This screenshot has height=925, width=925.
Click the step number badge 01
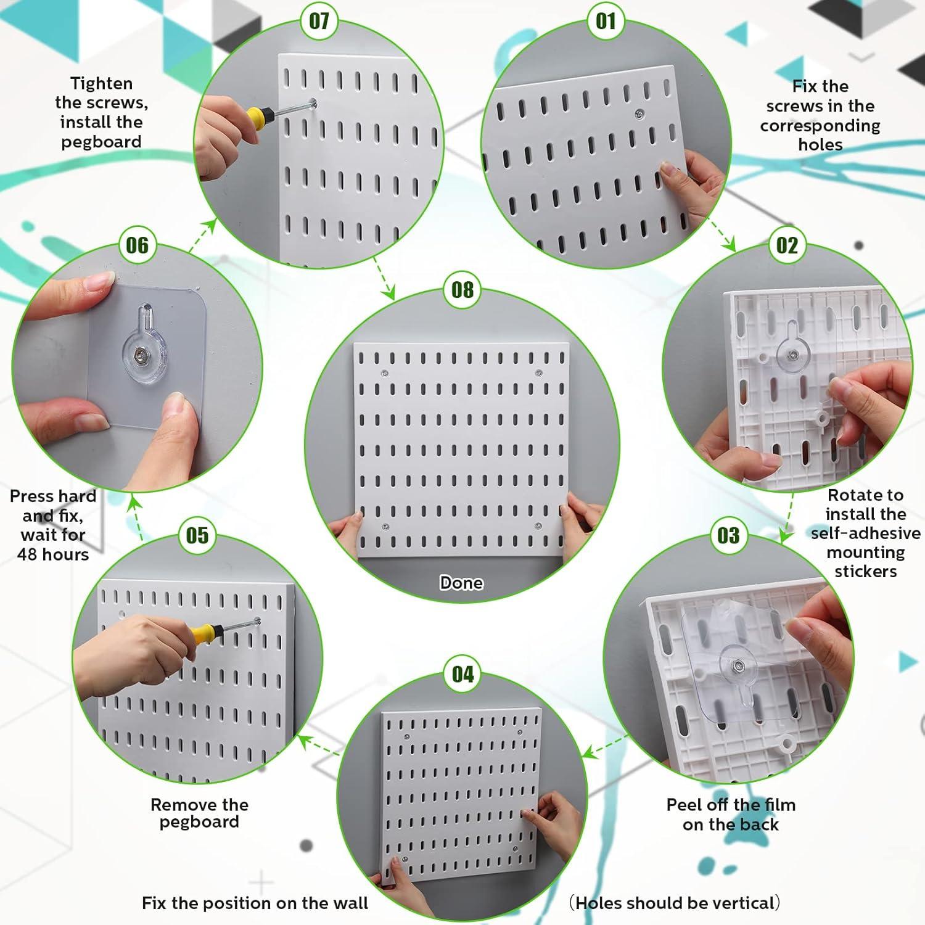[x=606, y=22]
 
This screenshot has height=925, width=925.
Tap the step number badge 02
[x=787, y=245]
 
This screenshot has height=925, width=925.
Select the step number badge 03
[x=728, y=535]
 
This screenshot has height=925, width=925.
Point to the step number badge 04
[x=462, y=674]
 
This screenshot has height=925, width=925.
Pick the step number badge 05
[x=197, y=535]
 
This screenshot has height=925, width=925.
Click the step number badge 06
[x=137, y=245]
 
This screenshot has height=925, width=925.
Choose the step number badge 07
[x=319, y=22]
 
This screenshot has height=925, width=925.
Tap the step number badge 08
[x=462, y=289]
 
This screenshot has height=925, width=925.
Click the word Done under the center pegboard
[x=461, y=583]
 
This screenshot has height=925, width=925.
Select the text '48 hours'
[x=53, y=554]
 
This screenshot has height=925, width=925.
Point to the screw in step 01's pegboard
[x=639, y=113]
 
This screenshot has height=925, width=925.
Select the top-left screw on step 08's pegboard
[x=385, y=374]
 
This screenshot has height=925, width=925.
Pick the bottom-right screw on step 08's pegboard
[x=538, y=527]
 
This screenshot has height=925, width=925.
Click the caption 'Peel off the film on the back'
[x=731, y=814]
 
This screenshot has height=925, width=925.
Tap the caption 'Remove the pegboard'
[x=199, y=813]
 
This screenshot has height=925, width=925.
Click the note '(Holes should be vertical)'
[x=674, y=903]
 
